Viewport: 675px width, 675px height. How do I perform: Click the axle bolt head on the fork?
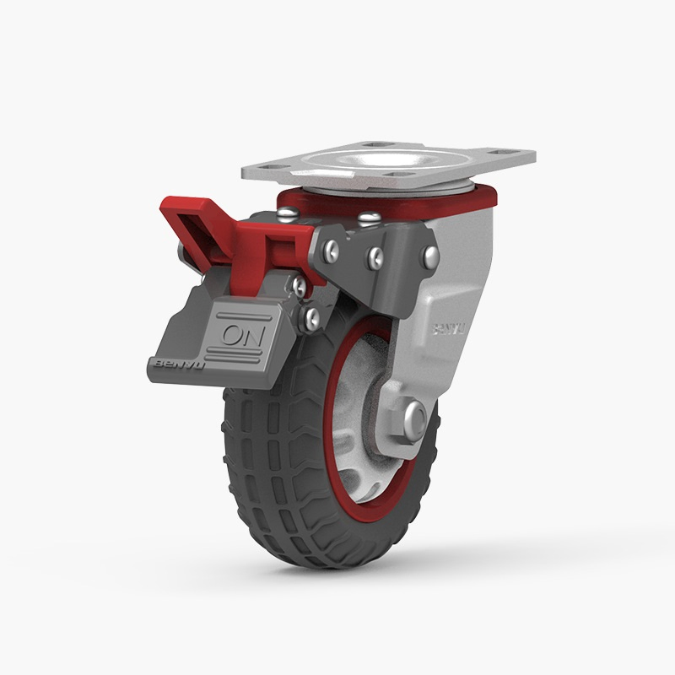pos(415,418)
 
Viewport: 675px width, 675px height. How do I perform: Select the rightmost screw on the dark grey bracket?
pos(430,256)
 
